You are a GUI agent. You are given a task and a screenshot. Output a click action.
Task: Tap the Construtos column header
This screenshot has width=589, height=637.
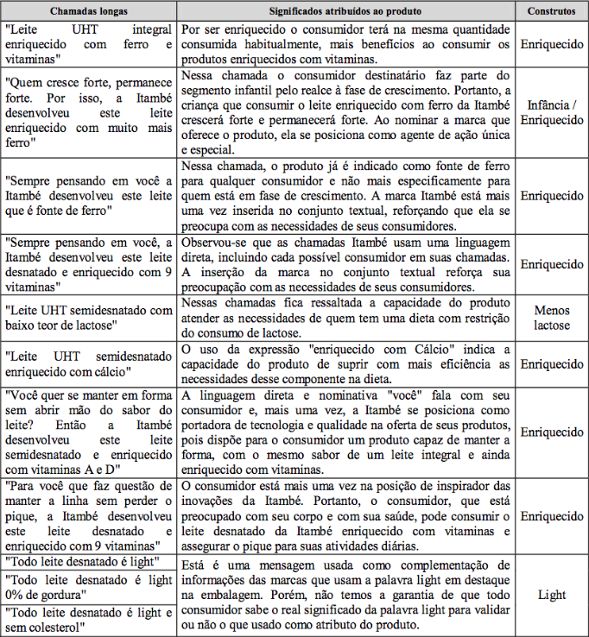551,10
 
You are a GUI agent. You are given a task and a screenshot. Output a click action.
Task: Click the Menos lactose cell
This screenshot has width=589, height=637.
551,318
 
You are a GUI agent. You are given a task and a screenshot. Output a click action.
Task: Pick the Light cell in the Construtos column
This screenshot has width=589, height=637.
551,595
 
